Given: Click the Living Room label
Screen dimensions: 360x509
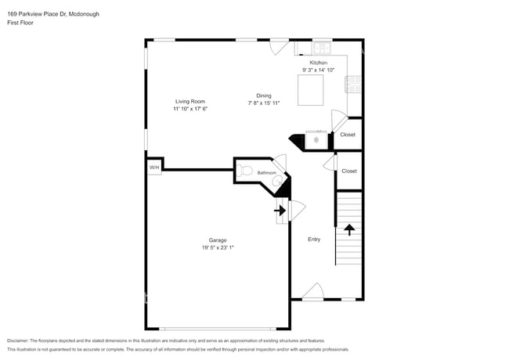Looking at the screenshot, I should pos(190,101).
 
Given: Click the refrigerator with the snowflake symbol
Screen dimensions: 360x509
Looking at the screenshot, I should pos(316,140).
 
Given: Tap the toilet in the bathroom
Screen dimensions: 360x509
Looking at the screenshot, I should pos(245,171).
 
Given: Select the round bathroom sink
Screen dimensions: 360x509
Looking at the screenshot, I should pos(276,182).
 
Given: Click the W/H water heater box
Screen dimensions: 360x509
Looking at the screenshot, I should pos(154,167).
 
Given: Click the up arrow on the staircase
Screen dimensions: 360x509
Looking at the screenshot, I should pos(349,229).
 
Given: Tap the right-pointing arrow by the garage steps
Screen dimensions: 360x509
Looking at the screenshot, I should pos(279,210).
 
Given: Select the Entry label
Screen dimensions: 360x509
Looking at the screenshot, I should pos(314,239).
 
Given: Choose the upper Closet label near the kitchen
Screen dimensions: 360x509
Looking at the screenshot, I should pos(348,135).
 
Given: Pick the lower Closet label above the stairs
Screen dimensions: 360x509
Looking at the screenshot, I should pos(348,171).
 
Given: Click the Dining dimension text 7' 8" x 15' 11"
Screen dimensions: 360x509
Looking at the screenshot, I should pos(264,103).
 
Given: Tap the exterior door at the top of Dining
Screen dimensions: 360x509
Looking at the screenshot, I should pos(279,46).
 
